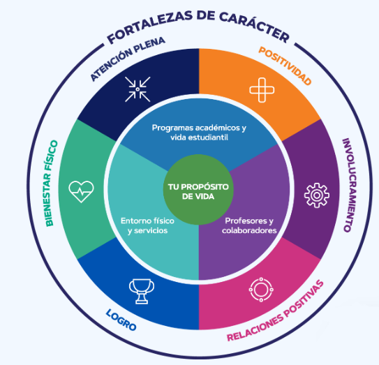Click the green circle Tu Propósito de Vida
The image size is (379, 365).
click(198, 190)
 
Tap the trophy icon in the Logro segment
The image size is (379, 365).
click(142, 291)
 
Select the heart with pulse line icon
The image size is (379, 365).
click(81, 191)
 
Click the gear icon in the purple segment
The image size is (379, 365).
click(317, 195)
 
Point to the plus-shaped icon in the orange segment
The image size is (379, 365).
click(262, 90)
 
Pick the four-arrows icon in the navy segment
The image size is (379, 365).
click(138, 89)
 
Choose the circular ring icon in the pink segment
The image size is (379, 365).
click(261, 290)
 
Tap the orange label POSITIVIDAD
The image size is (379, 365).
click(285, 66)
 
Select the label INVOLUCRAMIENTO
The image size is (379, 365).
click(350, 185)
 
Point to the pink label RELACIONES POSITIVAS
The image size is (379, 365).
click(276, 312)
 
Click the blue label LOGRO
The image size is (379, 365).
click(121, 320)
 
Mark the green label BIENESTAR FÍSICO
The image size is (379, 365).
click(51, 184)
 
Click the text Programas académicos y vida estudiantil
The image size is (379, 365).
click(199, 133)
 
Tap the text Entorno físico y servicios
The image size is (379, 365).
click(147, 225)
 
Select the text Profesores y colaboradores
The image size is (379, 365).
click(249, 225)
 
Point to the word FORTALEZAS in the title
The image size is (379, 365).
click(150, 27)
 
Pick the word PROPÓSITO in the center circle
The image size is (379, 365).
click(205, 187)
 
